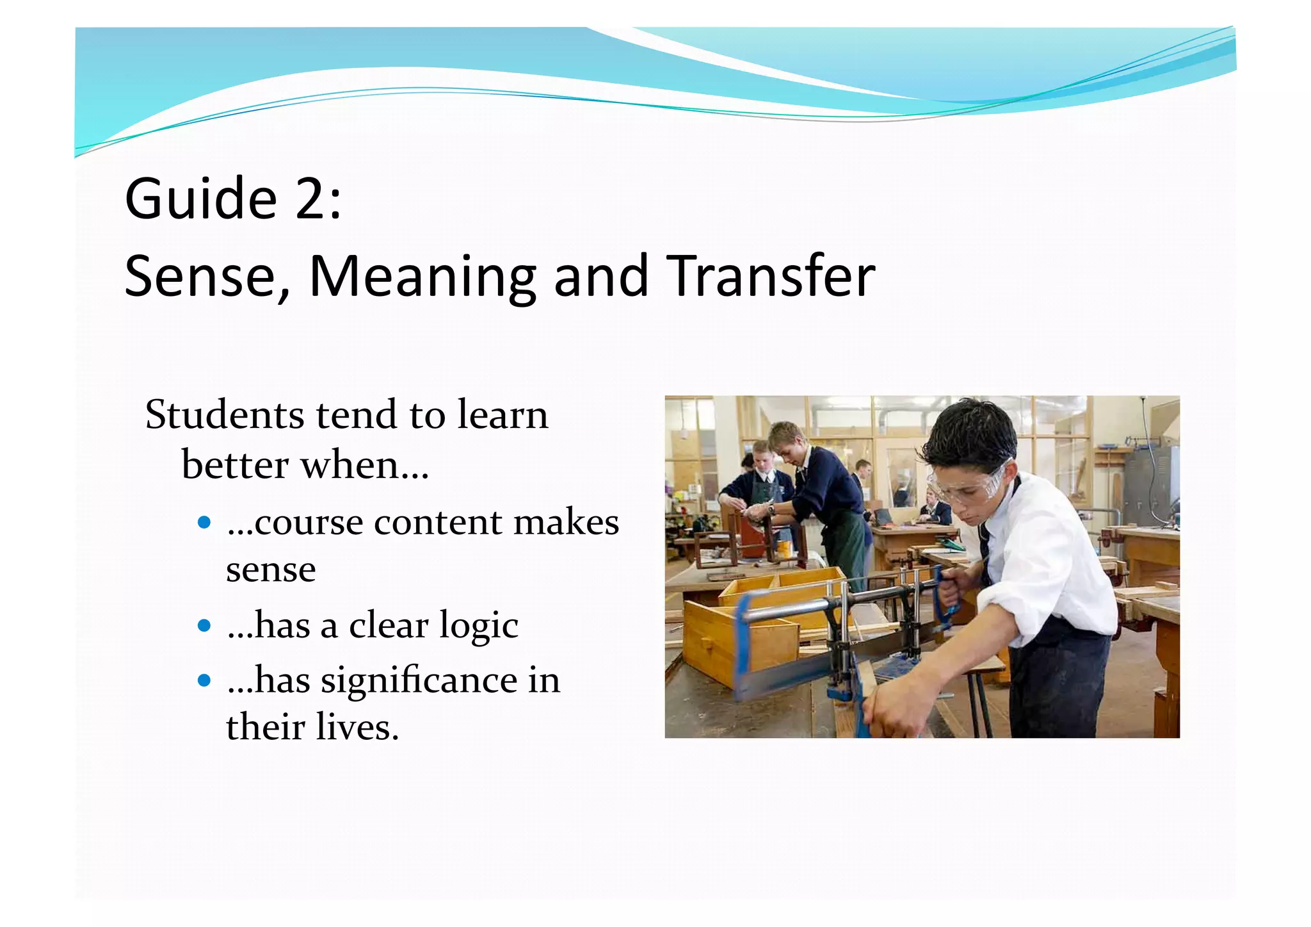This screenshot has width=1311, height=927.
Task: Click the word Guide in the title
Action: (200, 199)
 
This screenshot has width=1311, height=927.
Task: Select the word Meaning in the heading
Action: (422, 277)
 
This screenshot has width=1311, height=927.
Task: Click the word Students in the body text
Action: (224, 414)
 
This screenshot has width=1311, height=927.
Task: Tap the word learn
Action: (503, 414)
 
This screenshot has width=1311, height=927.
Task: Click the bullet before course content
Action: (204, 523)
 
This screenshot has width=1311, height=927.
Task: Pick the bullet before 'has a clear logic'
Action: (204, 625)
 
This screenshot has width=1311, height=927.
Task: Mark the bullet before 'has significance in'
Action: (204, 680)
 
